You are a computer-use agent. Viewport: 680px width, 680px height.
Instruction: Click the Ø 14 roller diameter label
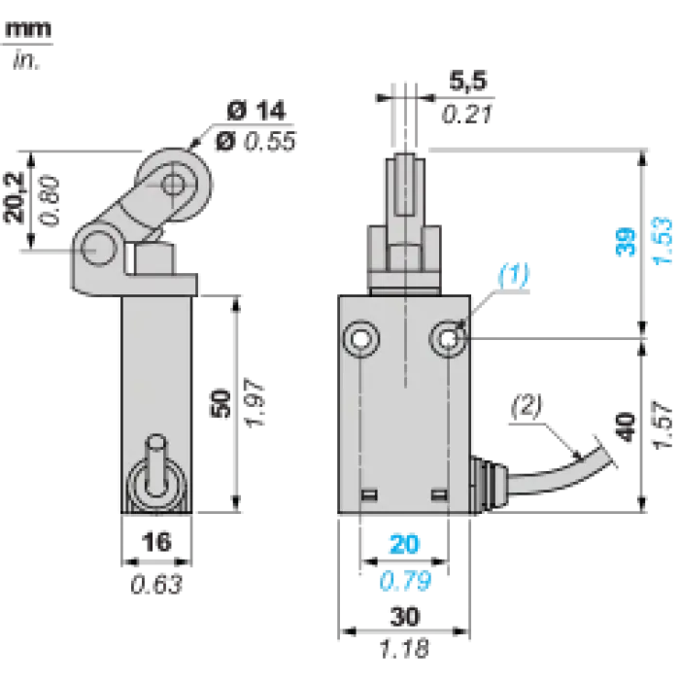click(x=256, y=111)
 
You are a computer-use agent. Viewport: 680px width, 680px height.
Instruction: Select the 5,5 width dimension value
click(x=467, y=81)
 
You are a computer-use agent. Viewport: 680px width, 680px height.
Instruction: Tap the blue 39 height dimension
click(x=625, y=242)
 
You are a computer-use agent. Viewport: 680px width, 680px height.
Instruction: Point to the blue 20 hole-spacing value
click(x=404, y=544)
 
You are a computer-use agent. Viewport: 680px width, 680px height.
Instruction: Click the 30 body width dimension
click(x=405, y=616)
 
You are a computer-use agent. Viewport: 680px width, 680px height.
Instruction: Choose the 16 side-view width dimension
click(x=156, y=542)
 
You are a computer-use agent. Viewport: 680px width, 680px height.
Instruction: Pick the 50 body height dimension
click(x=220, y=404)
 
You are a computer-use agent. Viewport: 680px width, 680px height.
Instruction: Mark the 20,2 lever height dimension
click(x=14, y=198)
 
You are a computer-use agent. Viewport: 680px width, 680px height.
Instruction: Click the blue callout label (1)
click(x=514, y=275)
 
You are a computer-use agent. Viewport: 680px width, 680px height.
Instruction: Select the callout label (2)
click(x=527, y=407)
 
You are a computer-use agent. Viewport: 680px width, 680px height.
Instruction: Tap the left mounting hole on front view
click(x=360, y=339)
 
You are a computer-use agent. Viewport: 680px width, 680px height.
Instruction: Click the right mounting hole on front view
click(x=449, y=339)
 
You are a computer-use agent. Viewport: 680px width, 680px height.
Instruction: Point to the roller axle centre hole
click(x=173, y=184)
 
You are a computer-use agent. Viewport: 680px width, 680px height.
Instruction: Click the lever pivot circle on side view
click(x=99, y=249)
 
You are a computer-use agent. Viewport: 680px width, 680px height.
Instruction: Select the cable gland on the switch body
click(x=488, y=484)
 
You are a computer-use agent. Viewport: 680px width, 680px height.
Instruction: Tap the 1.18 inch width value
click(x=404, y=649)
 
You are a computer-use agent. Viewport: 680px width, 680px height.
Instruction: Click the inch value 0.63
click(x=156, y=584)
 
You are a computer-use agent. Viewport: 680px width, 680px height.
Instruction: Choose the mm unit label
click(x=28, y=30)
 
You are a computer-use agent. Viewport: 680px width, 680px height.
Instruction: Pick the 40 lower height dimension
click(x=626, y=427)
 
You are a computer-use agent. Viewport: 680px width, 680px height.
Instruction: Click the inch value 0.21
click(x=467, y=114)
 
